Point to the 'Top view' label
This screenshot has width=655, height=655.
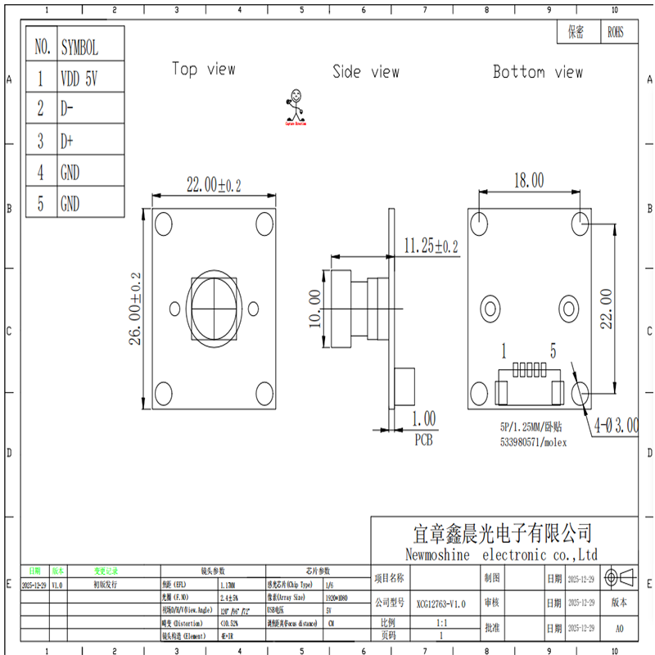click(x=203, y=70)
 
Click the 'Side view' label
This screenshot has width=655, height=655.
click(x=365, y=72)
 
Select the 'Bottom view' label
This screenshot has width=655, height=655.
click(x=537, y=72)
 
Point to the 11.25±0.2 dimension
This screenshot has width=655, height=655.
click(x=431, y=245)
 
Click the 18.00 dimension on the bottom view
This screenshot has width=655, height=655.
click(x=528, y=179)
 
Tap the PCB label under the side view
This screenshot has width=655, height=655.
click(x=423, y=440)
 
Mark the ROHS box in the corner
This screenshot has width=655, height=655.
click(x=616, y=32)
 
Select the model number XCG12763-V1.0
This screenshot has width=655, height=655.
click(x=440, y=603)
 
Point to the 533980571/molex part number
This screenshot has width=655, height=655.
click(x=533, y=442)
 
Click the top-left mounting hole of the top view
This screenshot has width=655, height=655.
click(x=163, y=223)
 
